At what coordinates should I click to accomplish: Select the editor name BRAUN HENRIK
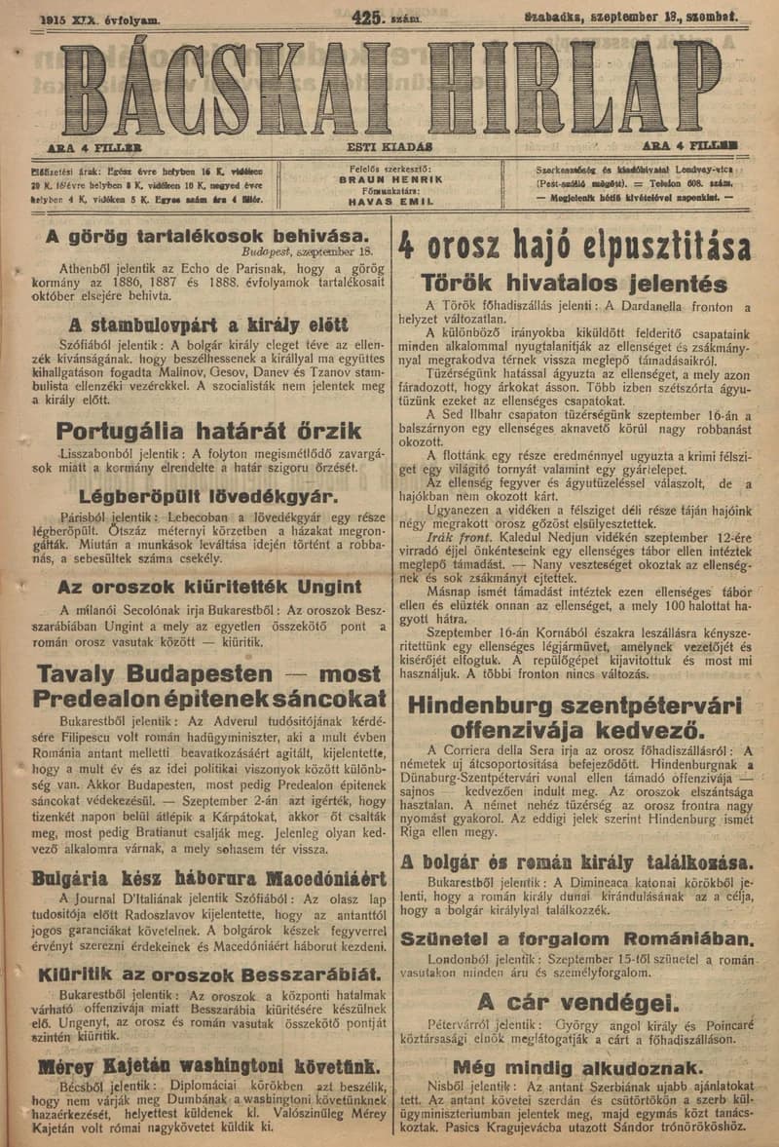click(389, 180)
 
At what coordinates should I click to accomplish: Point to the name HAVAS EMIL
click(389, 202)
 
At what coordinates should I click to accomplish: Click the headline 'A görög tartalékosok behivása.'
click(206, 236)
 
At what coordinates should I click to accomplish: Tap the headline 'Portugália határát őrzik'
click(208, 431)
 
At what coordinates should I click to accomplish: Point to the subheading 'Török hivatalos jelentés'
click(574, 284)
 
